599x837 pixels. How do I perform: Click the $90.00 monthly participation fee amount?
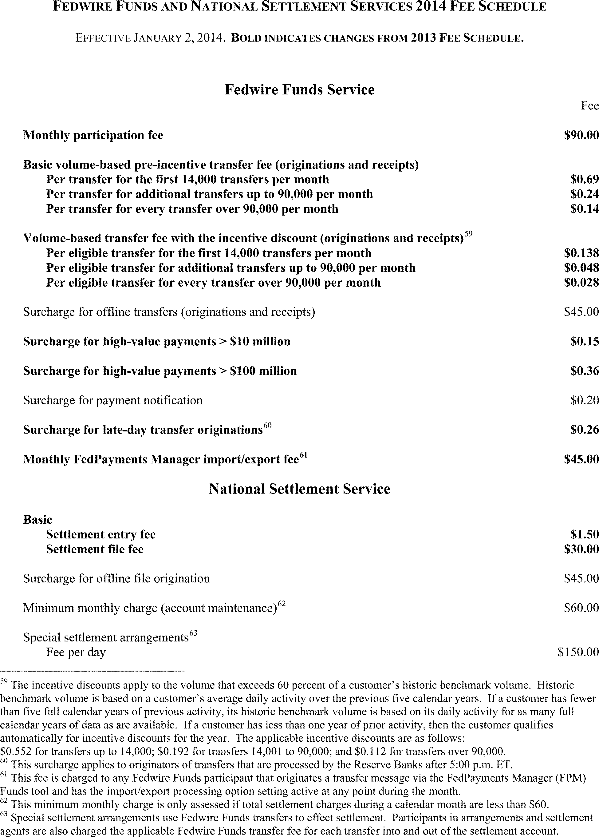581,135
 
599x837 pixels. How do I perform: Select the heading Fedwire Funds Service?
299,90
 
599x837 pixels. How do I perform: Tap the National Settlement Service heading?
299,489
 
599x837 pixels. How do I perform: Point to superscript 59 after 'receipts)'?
468,234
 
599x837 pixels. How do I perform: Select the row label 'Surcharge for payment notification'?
113,400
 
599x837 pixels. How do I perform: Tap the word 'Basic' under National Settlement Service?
37,520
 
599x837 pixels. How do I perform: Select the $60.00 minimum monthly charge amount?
581,608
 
